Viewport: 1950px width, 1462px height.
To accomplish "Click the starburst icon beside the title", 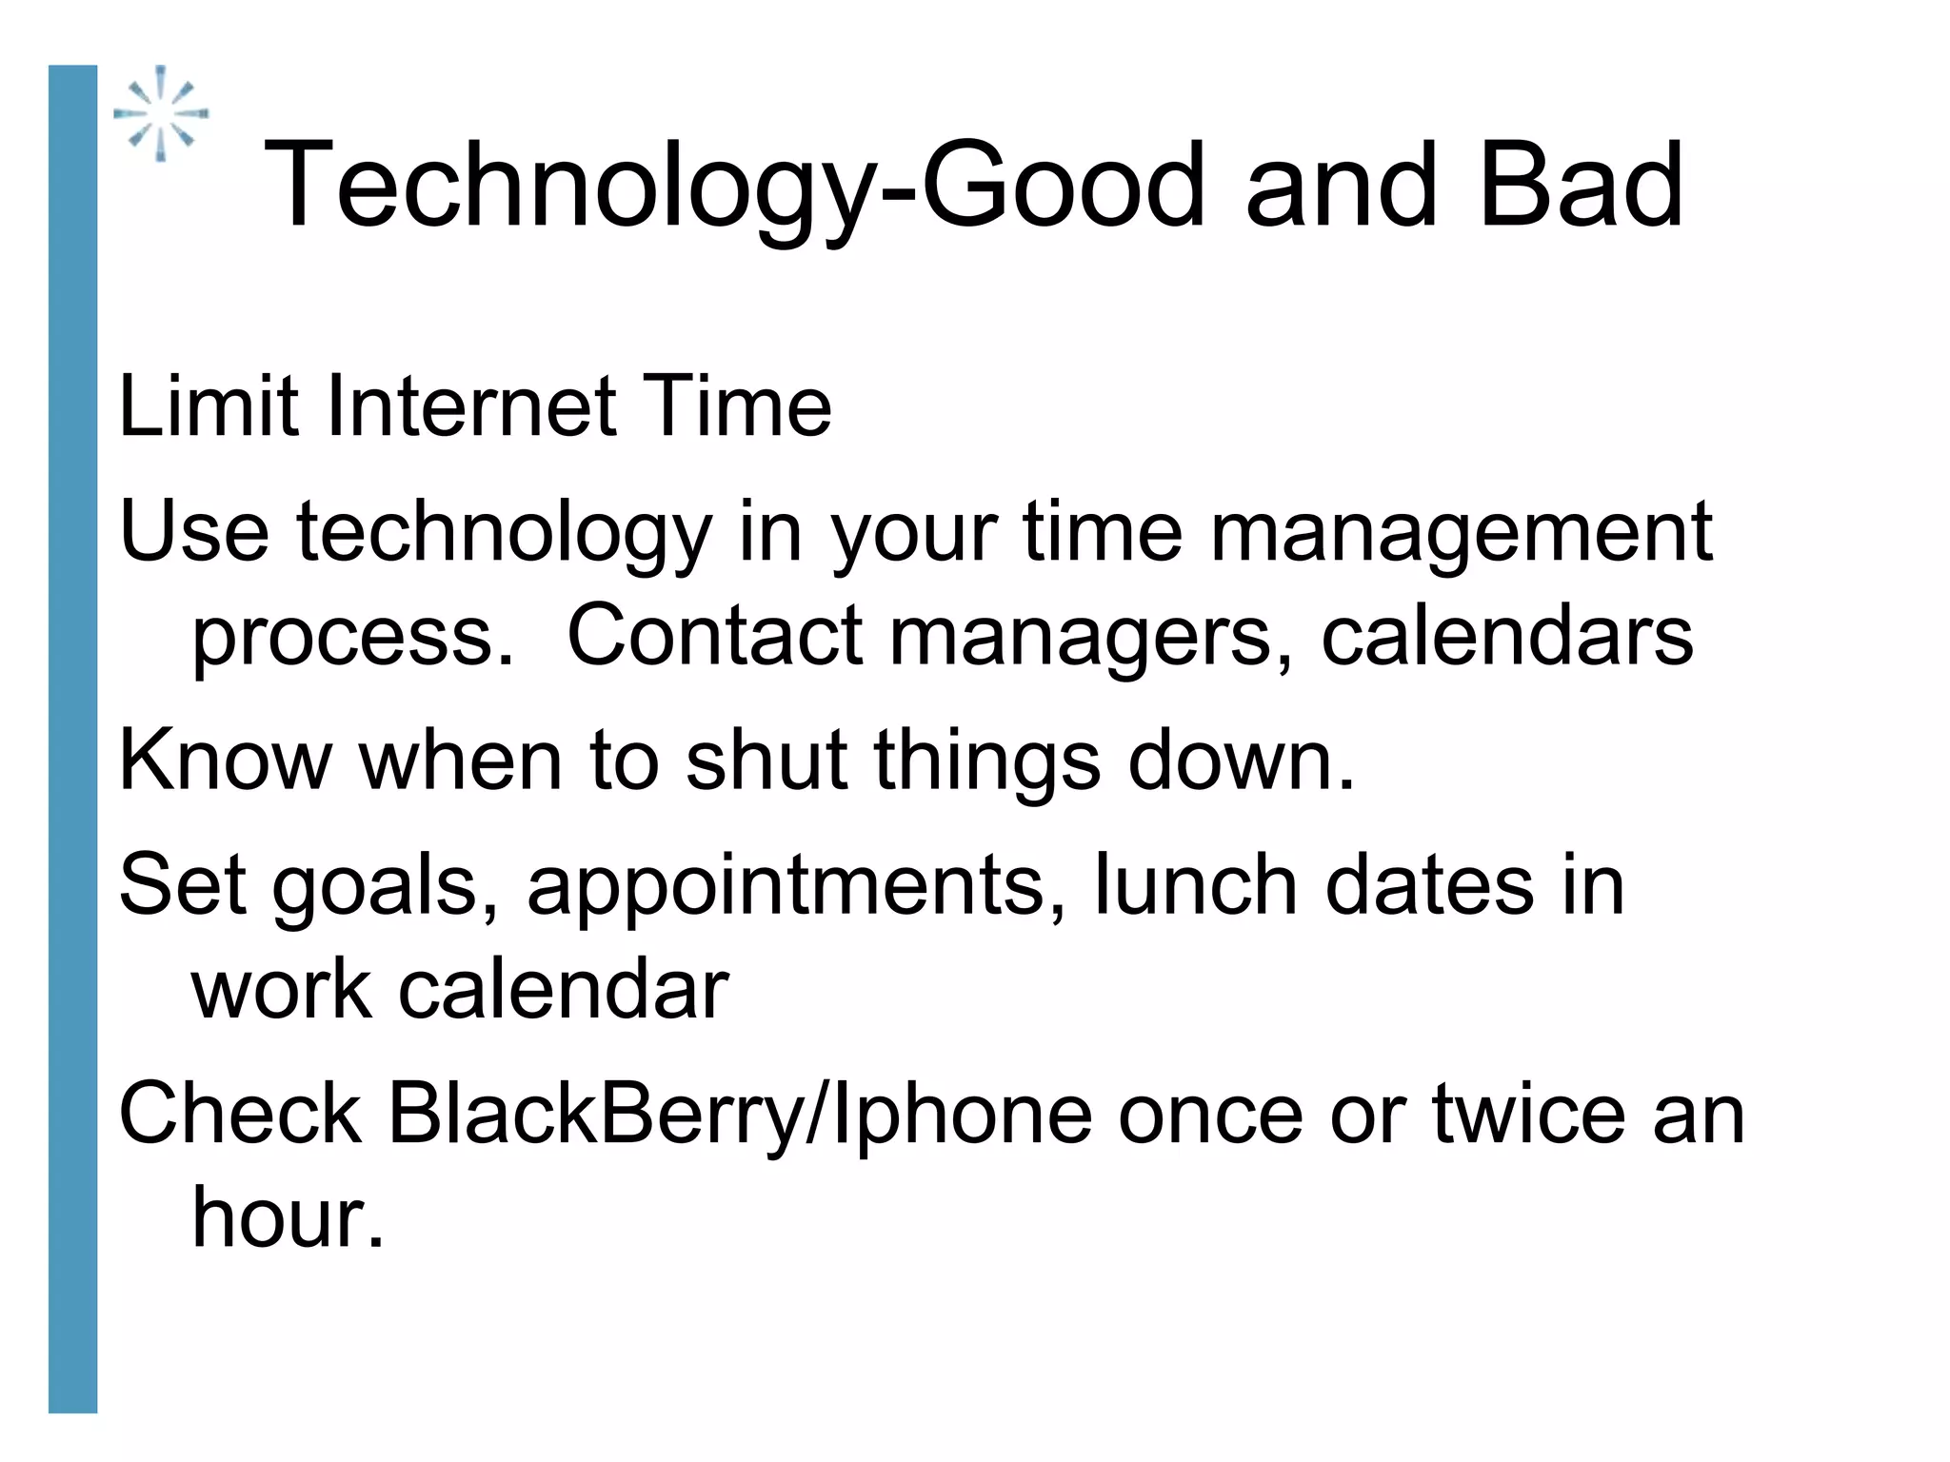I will (161, 113).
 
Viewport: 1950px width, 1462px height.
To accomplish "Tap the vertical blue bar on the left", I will (72, 739).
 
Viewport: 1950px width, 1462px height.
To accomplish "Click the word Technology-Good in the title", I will (589, 186).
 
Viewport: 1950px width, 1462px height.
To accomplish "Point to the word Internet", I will (472, 406).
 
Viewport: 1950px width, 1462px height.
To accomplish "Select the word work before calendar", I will (282, 990).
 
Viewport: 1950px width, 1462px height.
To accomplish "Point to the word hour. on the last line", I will (288, 1218).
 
